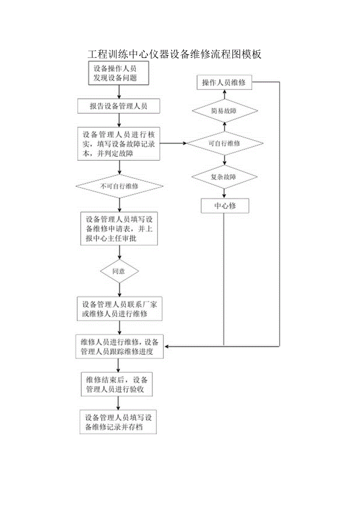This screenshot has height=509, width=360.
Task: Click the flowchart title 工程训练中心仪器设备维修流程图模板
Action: coord(174,54)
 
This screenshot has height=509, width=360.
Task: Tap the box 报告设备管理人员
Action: coord(119,106)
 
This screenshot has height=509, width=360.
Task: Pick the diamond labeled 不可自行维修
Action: coord(119,186)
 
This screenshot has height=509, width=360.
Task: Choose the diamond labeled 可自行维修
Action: coord(225,144)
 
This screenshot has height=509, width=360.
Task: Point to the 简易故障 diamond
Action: coord(225,111)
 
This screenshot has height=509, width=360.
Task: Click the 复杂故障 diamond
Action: coord(225,177)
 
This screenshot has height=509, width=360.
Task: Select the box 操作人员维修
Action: coord(224,83)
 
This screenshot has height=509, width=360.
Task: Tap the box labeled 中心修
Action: coord(225,206)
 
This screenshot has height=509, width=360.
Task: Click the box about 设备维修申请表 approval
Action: coord(119,229)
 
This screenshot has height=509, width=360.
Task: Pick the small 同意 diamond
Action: coord(119,271)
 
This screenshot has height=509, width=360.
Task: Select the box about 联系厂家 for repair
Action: coord(119,309)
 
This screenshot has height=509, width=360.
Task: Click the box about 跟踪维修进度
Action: coord(119,346)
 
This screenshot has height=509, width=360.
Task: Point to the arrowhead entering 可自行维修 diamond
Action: coord(185,144)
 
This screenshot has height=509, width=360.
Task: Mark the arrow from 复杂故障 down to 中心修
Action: coord(225,193)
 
